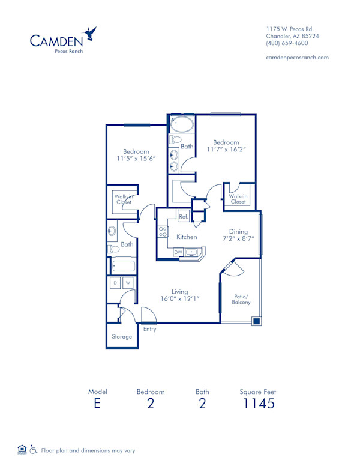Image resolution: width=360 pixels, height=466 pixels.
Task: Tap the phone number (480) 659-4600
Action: (287, 44)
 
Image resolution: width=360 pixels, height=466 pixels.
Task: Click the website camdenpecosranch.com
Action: (297, 58)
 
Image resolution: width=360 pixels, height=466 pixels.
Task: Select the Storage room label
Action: (122, 337)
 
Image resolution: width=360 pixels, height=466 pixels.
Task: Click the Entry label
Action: (149, 329)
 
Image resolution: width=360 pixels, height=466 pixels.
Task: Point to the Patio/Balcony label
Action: (241, 299)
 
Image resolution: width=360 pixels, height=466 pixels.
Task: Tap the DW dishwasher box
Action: (178, 253)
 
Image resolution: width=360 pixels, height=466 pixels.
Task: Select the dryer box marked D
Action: (115, 282)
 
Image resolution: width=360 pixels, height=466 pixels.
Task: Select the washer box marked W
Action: (128, 282)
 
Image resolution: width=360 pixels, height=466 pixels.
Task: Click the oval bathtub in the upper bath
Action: (182, 125)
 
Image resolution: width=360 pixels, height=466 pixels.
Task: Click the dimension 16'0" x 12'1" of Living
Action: (180, 299)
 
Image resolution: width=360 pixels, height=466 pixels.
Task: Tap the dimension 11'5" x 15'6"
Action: (137, 159)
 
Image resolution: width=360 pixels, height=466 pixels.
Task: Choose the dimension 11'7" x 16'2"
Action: (226, 148)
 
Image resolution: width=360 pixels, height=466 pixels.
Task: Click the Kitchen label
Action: (187, 237)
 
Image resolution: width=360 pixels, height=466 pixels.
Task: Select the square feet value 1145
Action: (257, 403)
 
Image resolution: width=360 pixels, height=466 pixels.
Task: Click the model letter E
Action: (97, 403)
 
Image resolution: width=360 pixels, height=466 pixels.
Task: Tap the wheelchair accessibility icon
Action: (34, 449)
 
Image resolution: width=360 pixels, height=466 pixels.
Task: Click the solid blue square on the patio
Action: (256, 321)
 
